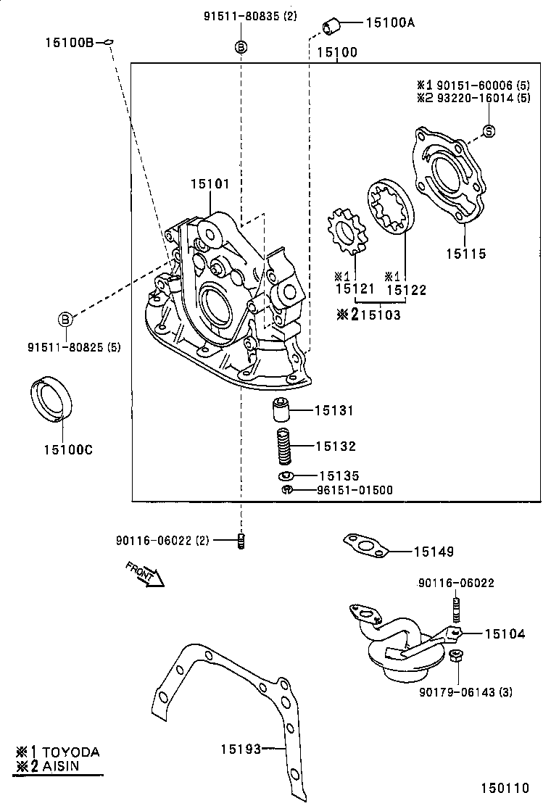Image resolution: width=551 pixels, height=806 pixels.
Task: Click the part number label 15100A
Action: coord(390,22)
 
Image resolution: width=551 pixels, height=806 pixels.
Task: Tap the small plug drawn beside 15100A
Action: coord(333,27)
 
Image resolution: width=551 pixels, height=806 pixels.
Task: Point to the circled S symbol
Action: coord(489,131)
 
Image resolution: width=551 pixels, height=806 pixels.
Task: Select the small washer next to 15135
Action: coord(285,476)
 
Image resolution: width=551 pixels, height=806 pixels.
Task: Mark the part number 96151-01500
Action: coord(355,491)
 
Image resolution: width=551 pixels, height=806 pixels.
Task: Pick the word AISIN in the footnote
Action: coord(61,765)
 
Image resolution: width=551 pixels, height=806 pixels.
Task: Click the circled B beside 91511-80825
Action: coord(65,318)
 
